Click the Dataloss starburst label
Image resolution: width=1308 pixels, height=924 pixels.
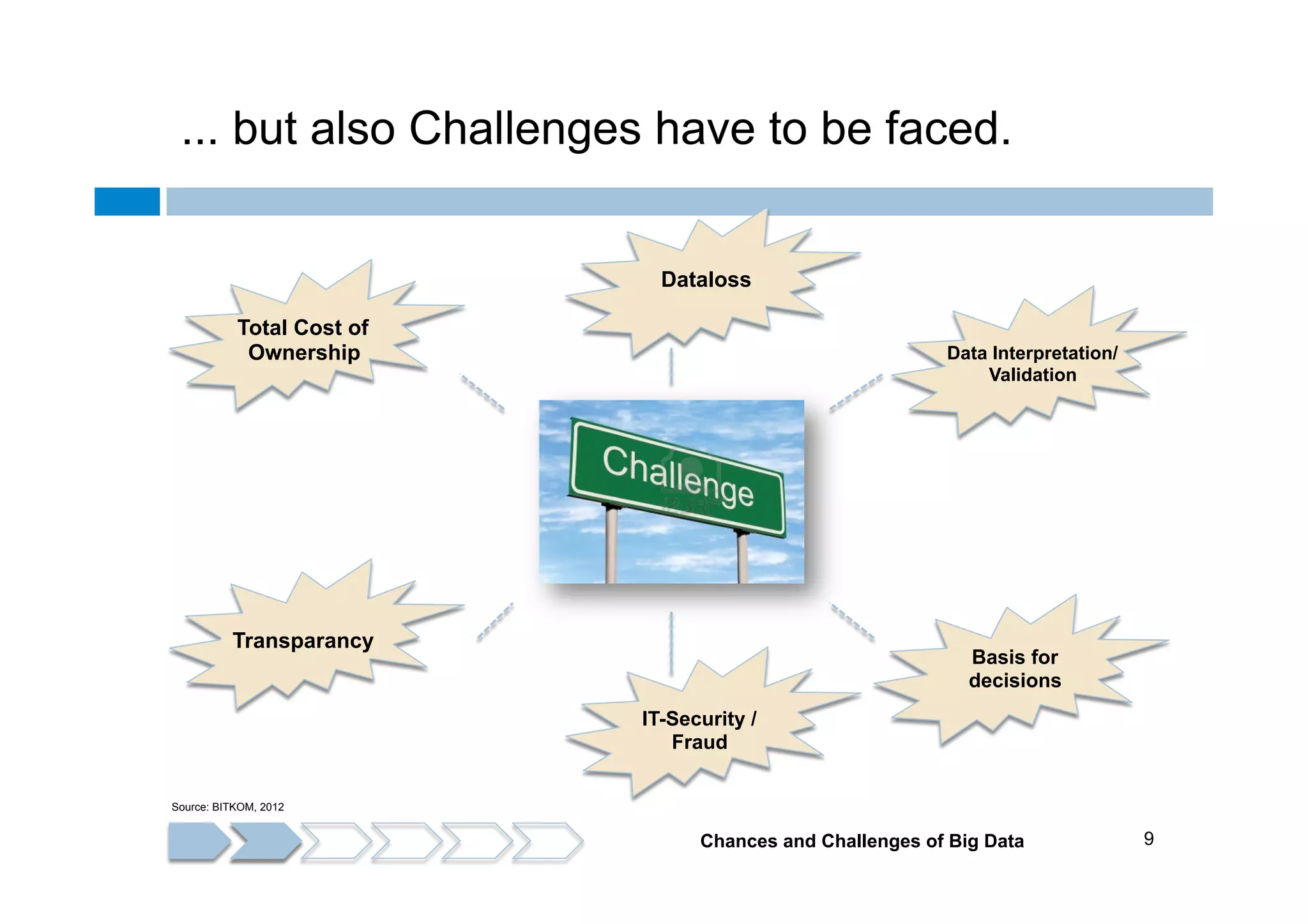point(706,280)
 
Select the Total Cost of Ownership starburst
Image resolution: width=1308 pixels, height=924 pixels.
point(303,340)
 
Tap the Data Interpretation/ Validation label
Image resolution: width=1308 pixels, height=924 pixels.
point(1032,363)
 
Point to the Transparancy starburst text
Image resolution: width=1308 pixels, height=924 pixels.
point(303,640)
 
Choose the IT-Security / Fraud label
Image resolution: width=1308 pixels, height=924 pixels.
point(699,730)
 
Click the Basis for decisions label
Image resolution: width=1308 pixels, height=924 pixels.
point(1015,669)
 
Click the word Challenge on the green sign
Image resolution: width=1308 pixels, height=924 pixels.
point(678,476)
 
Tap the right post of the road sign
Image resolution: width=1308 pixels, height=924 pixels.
point(742,556)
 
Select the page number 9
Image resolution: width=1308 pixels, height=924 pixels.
point(1148,838)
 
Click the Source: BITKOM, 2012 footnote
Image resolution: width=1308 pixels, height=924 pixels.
point(227,807)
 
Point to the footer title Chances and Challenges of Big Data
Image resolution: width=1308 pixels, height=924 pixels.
point(862,841)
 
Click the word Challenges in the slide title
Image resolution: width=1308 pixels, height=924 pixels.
point(524,129)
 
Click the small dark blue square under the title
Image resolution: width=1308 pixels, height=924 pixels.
point(127,201)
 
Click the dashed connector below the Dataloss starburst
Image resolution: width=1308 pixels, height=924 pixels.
point(671,367)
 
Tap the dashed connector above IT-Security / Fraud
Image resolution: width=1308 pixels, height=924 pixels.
point(671,642)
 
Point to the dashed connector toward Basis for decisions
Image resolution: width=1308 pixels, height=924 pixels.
point(852,621)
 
